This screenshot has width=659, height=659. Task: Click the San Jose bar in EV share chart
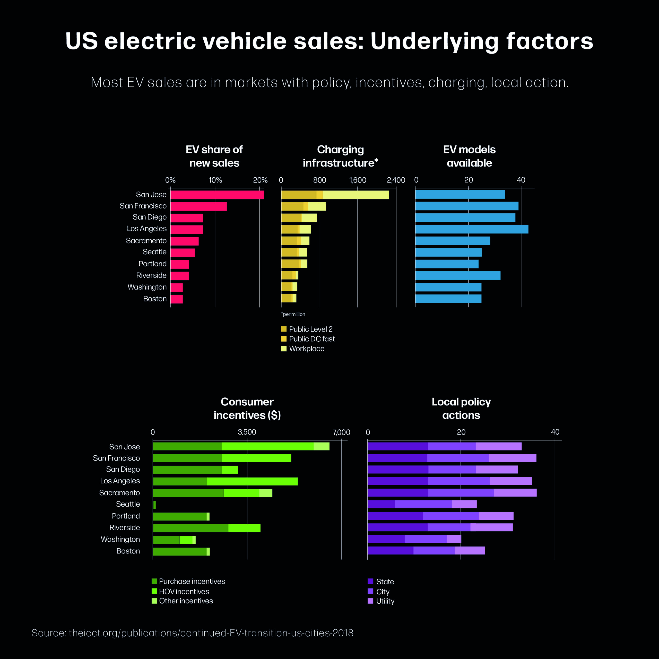(217, 195)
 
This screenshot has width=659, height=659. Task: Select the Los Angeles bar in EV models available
(471, 229)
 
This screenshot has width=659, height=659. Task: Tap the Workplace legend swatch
(284, 349)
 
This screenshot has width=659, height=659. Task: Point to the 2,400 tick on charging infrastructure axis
(396, 180)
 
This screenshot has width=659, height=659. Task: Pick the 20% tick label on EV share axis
(260, 180)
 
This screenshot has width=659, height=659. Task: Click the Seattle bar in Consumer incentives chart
(154, 505)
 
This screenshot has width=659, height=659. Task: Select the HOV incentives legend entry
(184, 592)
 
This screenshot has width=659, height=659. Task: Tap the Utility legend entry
(385, 601)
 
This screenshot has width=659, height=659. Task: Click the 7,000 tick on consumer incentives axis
(341, 432)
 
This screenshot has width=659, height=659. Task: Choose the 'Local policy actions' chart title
(461, 408)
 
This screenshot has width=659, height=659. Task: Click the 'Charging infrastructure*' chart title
(340, 156)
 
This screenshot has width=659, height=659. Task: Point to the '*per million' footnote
(293, 314)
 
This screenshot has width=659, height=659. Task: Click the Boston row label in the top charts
(155, 299)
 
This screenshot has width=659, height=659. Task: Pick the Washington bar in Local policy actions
(414, 539)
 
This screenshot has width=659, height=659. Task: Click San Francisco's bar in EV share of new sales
(198, 206)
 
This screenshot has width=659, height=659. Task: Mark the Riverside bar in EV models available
(457, 276)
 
